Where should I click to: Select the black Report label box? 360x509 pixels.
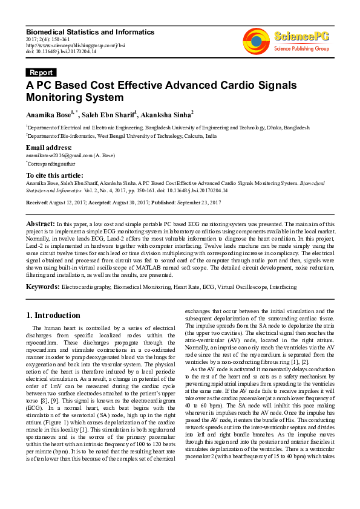(x=42, y=73)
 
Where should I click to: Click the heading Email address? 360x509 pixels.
(x=49, y=148)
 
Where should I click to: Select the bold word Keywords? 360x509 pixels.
(x=42, y=287)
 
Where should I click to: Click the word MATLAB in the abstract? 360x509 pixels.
(x=176, y=267)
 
